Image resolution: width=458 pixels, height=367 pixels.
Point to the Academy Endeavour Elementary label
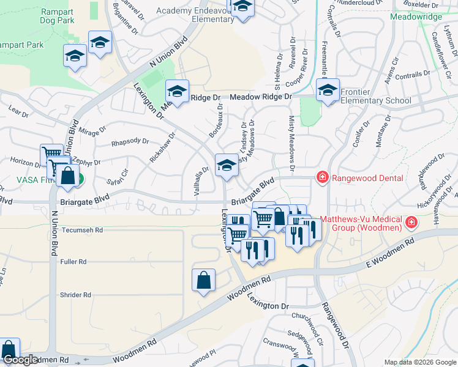tap(195, 15)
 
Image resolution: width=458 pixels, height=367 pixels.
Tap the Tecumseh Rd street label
tap(82, 231)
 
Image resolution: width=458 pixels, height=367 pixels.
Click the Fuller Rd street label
tap(73, 262)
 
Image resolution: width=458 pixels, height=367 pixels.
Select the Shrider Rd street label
tap(75, 295)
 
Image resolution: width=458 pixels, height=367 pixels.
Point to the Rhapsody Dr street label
tap(130, 143)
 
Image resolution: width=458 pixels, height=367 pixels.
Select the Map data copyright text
tap(419, 362)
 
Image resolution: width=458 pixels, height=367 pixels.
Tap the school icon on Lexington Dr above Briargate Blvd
tap(226, 165)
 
